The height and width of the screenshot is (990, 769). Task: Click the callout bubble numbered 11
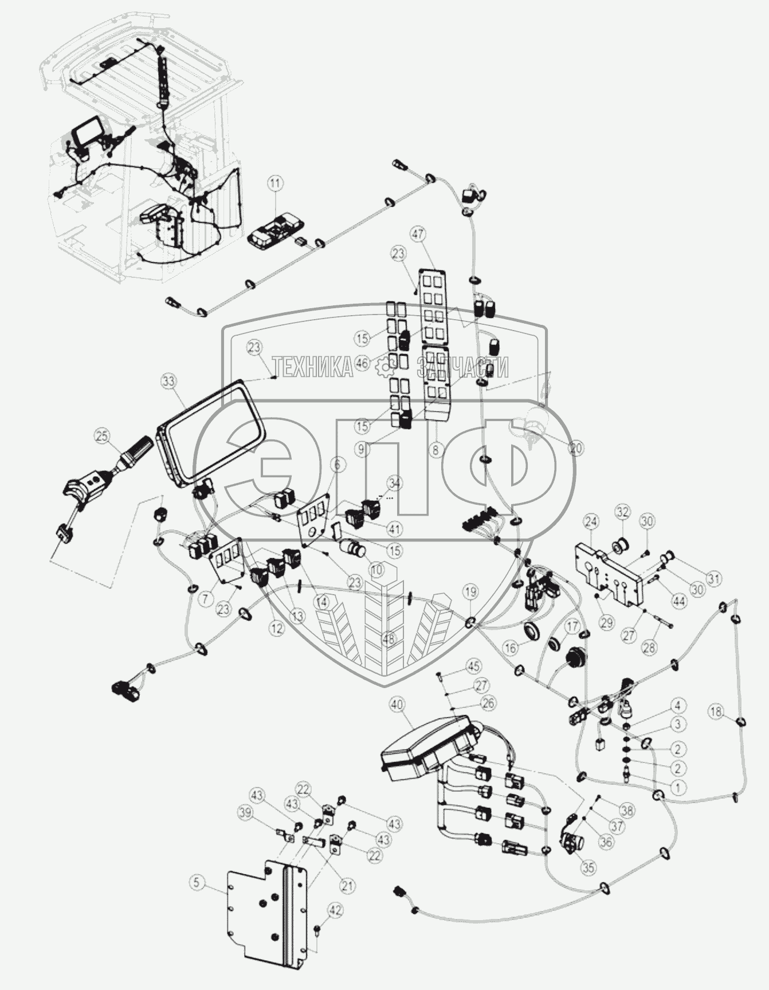tap(276, 184)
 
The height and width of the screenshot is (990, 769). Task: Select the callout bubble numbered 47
tap(418, 233)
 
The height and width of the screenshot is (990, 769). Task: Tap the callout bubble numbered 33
tap(170, 380)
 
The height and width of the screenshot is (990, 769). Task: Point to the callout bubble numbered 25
tap(102, 437)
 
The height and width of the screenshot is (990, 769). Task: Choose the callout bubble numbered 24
tap(591, 521)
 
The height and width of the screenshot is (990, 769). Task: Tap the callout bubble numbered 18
tap(716, 712)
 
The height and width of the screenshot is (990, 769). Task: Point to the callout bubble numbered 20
tap(576, 448)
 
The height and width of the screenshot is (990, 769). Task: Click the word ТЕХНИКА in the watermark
tap(313, 367)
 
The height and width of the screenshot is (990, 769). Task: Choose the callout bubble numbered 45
tap(473, 666)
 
